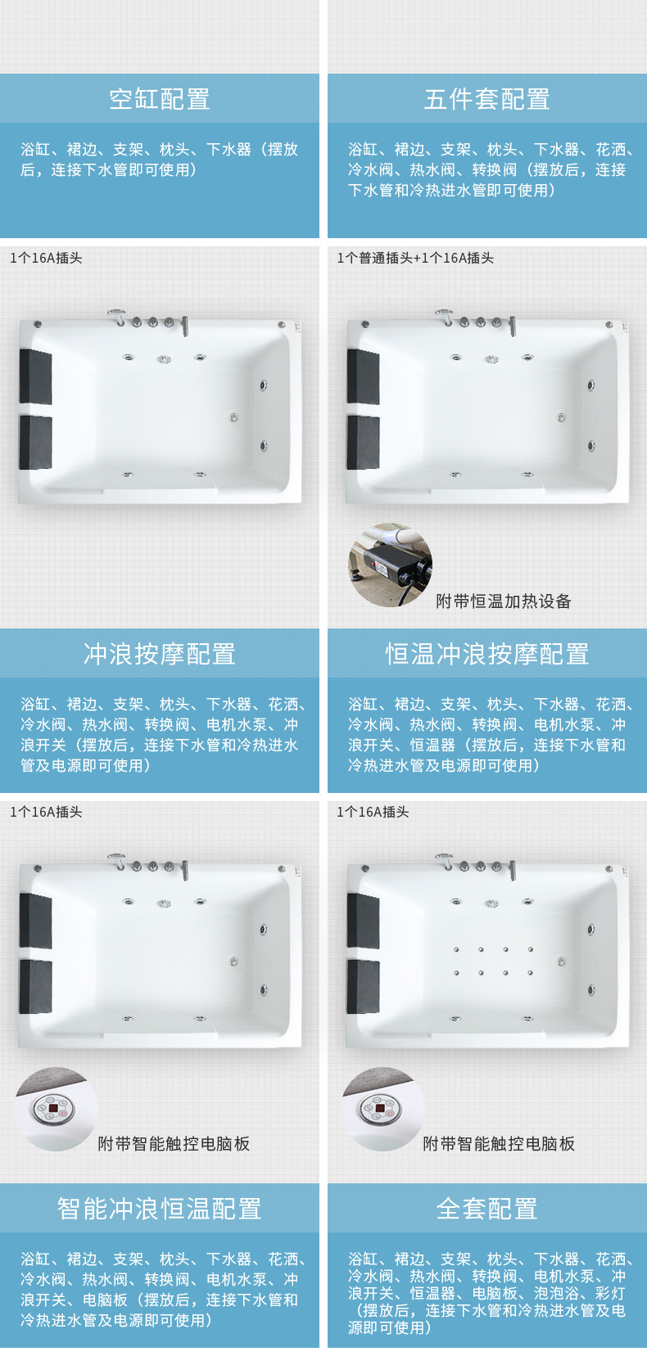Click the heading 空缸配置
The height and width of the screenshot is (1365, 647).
159,99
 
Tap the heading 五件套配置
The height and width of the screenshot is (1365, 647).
486,99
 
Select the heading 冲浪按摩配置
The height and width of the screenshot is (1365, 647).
159,653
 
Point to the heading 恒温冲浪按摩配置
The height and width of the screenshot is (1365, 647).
486,653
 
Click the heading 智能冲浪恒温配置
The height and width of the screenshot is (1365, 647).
159,1208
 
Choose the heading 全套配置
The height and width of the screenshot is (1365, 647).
486,1208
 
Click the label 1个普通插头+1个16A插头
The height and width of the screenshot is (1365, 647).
415,258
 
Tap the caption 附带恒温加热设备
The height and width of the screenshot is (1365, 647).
503,601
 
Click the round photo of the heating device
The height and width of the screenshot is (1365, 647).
391,565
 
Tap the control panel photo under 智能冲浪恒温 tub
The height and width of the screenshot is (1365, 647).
57,1109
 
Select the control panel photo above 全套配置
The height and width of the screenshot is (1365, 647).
383,1109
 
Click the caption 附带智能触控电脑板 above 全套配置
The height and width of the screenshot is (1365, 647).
499,1143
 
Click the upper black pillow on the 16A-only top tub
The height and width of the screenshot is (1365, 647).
35,376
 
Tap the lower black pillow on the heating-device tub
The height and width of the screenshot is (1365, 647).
363,443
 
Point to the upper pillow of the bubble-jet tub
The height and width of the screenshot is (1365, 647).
363,920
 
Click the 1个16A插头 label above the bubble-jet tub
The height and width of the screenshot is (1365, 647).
373,812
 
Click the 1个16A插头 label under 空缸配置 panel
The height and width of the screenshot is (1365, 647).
46,258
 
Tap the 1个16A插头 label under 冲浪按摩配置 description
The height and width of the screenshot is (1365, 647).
46,812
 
